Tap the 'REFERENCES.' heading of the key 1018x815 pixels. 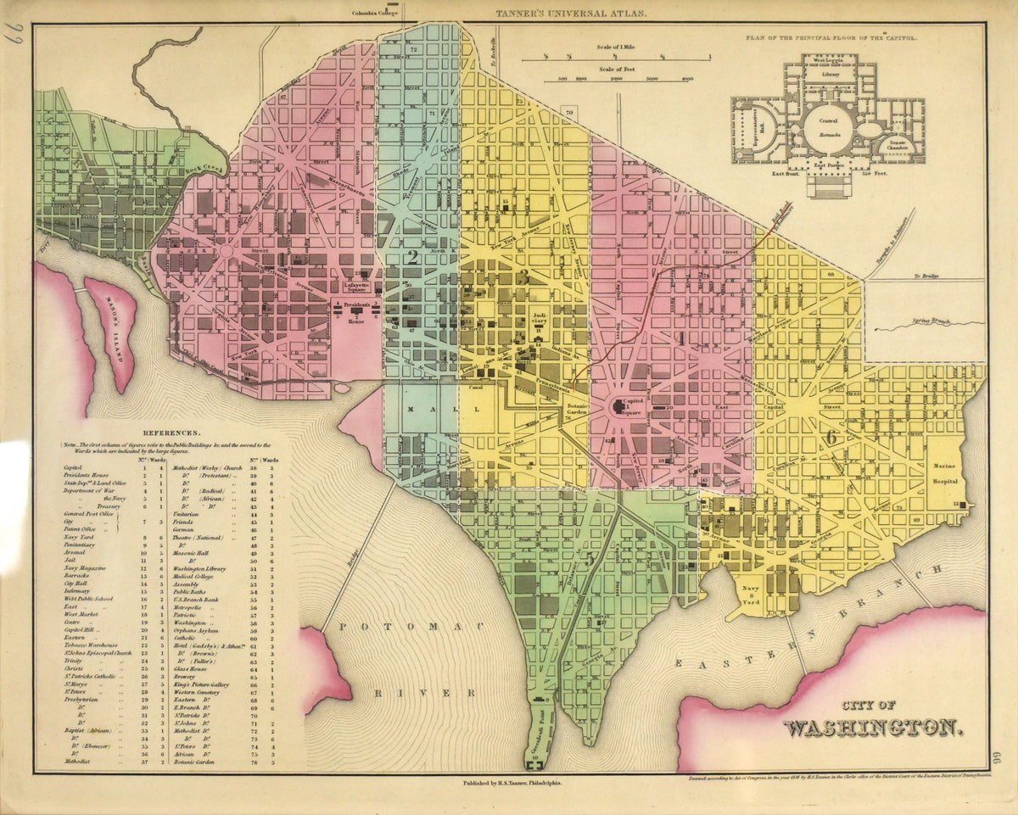tap(172, 432)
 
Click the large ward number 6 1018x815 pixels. tap(832, 438)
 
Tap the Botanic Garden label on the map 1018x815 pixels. tap(579, 410)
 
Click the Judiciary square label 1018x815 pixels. tap(540, 321)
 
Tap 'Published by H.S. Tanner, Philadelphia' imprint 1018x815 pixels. tap(512, 784)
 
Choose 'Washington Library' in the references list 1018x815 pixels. tap(203, 567)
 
